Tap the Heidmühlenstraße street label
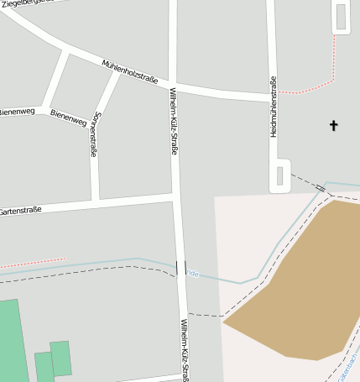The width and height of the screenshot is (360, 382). pos(274,107)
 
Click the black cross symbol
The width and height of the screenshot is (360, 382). pos(333,126)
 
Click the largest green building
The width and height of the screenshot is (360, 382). pos(12,340)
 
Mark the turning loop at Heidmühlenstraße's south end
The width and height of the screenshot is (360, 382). pos(280,176)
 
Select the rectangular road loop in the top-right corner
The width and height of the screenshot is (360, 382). pos(341,17)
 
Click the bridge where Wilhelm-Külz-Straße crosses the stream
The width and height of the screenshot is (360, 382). pos(180,268)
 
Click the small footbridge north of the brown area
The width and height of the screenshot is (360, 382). pos(321,188)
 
